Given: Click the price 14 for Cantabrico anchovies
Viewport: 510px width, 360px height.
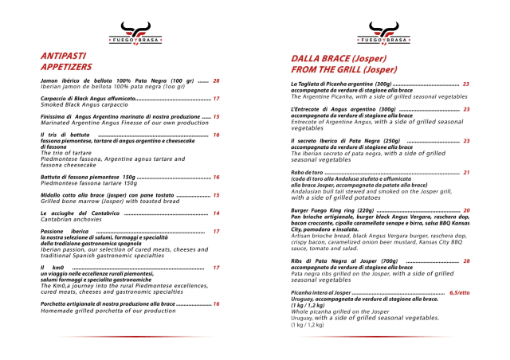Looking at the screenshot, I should point(217,213).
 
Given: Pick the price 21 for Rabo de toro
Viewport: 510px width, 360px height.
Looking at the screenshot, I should point(466,172).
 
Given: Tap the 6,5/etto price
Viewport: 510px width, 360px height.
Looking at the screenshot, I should point(460,293).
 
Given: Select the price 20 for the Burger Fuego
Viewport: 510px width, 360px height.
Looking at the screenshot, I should point(466,210).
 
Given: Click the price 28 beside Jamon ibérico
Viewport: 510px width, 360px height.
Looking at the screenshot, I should point(216,81).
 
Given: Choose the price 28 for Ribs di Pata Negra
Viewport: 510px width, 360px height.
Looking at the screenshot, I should point(466,260).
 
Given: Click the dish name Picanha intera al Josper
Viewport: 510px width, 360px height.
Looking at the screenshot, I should point(320,293).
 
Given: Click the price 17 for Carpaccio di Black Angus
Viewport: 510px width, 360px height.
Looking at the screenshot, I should point(217,99).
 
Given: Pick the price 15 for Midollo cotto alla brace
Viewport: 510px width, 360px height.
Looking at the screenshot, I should point(217,194).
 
